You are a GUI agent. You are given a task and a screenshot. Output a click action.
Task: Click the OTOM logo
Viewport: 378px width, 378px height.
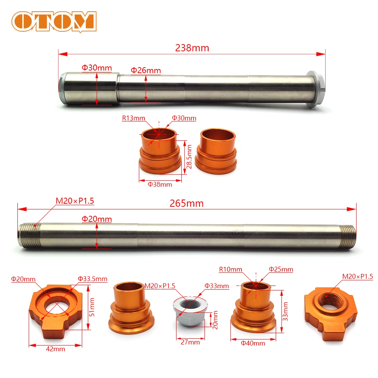[x=54, y=22]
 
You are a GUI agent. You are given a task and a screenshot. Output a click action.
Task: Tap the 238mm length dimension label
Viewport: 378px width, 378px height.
[x=192, y=48]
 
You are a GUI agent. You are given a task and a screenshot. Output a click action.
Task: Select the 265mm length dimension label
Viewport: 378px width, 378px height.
[x=187, y=203]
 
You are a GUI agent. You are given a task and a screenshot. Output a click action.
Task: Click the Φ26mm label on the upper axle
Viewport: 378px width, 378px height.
[x=146, y=71]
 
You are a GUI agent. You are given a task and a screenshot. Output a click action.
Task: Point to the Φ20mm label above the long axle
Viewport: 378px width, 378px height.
[x=97, y=219]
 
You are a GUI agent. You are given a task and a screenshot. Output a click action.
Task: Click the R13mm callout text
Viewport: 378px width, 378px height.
[x=134, y=118]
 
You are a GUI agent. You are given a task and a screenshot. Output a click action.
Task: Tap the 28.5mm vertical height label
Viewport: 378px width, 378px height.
[x=189, y=157]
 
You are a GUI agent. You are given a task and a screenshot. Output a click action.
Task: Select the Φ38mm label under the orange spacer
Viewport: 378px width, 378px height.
[x=160, y=184]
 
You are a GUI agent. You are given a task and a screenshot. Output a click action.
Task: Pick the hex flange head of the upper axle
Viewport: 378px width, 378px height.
[x=315, y=89]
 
